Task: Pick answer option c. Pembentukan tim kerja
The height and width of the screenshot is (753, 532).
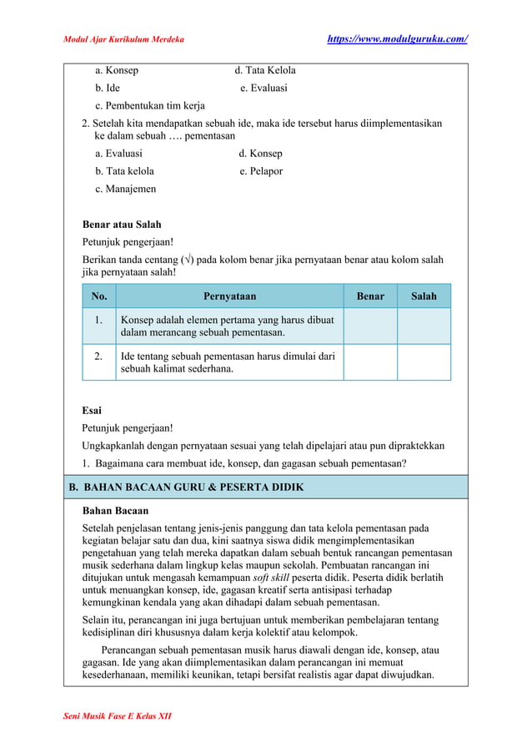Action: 150,106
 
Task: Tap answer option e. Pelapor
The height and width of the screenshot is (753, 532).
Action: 261,171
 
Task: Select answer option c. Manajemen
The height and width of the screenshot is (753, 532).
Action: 125,190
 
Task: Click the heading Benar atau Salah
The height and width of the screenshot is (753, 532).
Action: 122,225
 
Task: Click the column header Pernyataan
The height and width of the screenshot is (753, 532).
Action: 229,296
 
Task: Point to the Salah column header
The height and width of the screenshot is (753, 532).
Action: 424,296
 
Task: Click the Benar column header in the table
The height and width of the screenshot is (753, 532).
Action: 370,296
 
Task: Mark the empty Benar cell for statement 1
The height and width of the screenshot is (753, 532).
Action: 370,326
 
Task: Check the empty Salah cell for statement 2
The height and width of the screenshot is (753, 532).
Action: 424,362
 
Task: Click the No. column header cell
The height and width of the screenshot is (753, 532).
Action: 99,296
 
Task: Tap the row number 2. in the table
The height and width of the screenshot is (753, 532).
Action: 99,356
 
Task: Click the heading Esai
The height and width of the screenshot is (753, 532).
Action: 92,410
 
